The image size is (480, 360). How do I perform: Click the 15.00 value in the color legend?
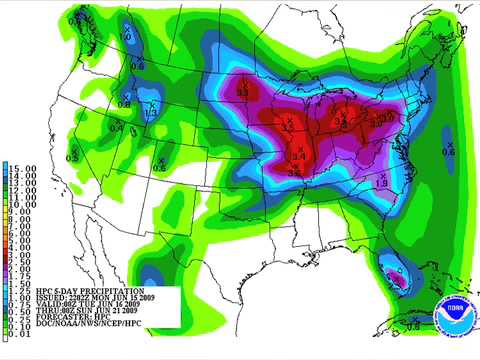coord(21,166)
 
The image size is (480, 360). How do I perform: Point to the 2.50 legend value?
coord(21,263)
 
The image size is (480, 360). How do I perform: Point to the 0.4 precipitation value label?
coord(117,127)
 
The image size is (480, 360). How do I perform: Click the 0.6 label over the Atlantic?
coord(449,151)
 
